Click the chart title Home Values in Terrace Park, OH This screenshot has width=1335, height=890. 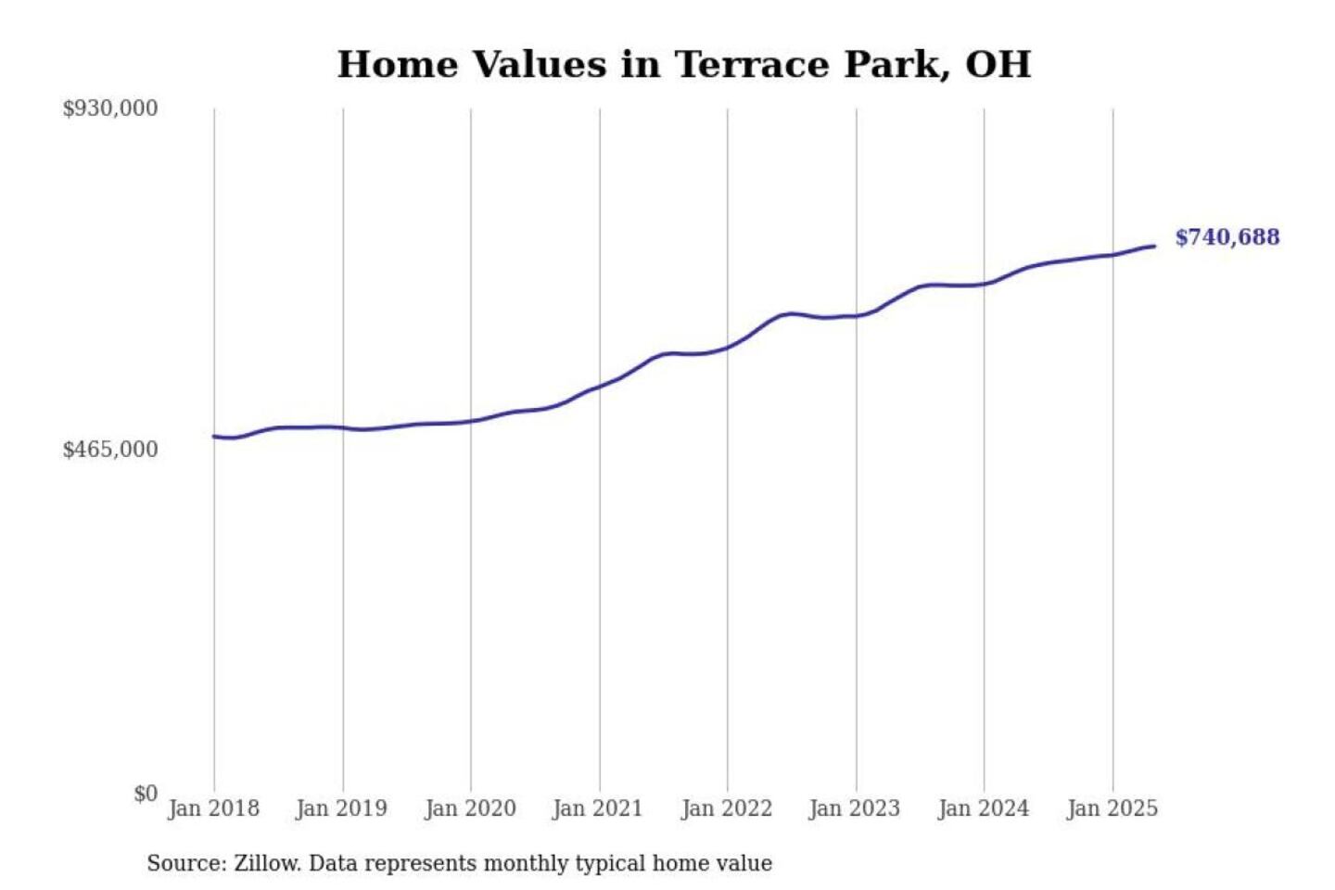point(683,64)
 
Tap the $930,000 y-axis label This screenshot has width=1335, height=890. point(110,108)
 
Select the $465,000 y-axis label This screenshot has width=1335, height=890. point(110,450)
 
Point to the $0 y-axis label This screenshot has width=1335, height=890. point(146,794)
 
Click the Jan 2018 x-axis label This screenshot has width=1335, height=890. point(213,808)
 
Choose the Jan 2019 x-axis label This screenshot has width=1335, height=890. point(341,808)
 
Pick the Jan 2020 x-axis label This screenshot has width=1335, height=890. point(470,808)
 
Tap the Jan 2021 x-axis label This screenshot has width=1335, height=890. point(598,808)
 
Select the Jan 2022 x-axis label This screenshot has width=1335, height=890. point(727,808)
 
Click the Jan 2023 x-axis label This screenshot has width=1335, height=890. point(855,808)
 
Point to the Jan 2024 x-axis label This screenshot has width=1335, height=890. point(984,808)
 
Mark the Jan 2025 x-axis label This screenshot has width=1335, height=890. point(1112,808)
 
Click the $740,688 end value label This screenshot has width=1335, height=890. point(1227,237)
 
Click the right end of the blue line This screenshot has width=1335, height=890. point(1154,246)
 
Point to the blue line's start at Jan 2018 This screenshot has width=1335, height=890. point(214,436)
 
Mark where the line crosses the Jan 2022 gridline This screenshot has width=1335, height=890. point(728,347)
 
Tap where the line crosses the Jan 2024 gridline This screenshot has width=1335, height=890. point(985,284)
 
